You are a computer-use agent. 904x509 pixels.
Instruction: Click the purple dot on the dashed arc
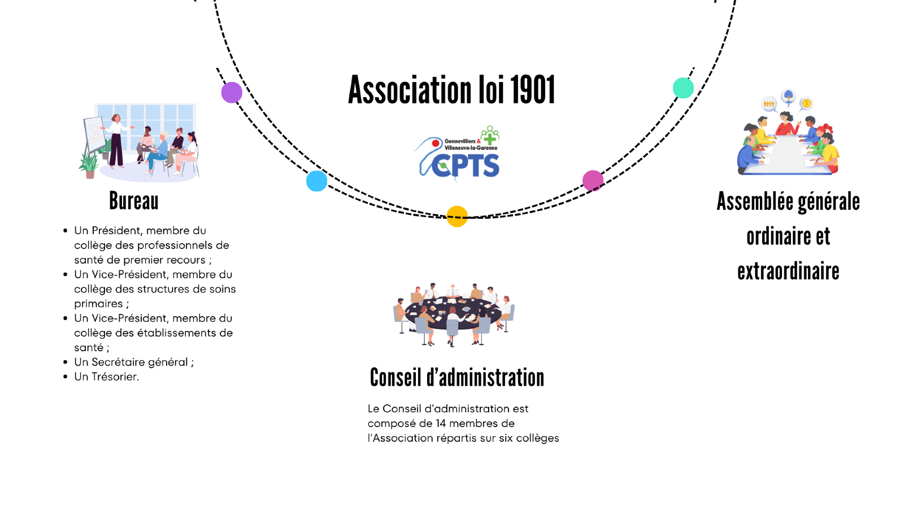coord(232,92)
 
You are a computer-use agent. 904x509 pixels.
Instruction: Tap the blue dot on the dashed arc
coord(316,181)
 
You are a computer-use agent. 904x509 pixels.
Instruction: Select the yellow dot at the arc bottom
coord(457,216)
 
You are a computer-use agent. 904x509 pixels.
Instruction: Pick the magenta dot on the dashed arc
coord(593,181)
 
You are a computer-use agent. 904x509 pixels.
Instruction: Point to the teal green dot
coord(683,88)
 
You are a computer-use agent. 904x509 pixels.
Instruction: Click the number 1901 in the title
coord(533,90)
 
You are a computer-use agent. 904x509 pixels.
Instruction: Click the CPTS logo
coord(459,154)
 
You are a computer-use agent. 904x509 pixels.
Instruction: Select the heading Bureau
coord(134,201)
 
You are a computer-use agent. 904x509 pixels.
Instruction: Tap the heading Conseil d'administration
coord(457,378)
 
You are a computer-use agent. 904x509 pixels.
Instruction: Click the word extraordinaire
coord(788,272)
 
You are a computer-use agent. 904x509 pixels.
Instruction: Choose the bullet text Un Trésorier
coord(106,377)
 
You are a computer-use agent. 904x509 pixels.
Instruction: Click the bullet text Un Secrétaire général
coord(133,362)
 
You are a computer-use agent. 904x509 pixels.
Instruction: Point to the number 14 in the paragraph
coord(441,424)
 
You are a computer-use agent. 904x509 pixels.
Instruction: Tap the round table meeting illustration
coord(454,314)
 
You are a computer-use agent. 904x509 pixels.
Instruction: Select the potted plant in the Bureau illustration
coord(89,165)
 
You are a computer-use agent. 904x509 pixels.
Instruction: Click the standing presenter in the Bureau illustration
coord(116,141)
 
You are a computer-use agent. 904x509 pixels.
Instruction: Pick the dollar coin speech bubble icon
coord(806,103)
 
